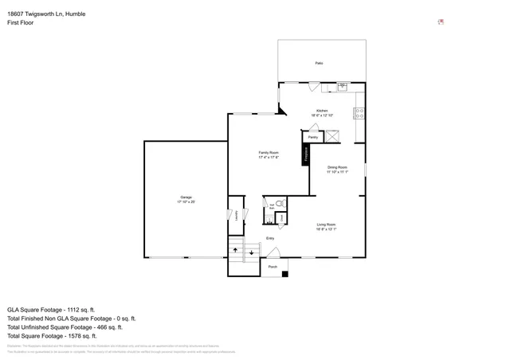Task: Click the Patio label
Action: tap(319, 63)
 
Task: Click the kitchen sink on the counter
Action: tap(343, 86)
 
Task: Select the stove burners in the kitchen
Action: tap(359, 112)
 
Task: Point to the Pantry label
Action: tap(313, 137)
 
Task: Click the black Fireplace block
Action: tap(305, 155)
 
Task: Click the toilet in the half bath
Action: tap(279, 204)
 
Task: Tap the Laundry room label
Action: tap(236, 216)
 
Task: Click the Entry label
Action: tap(270, 238)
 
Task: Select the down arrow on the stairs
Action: tap(252, 253)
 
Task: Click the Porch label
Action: tap(272, 267)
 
